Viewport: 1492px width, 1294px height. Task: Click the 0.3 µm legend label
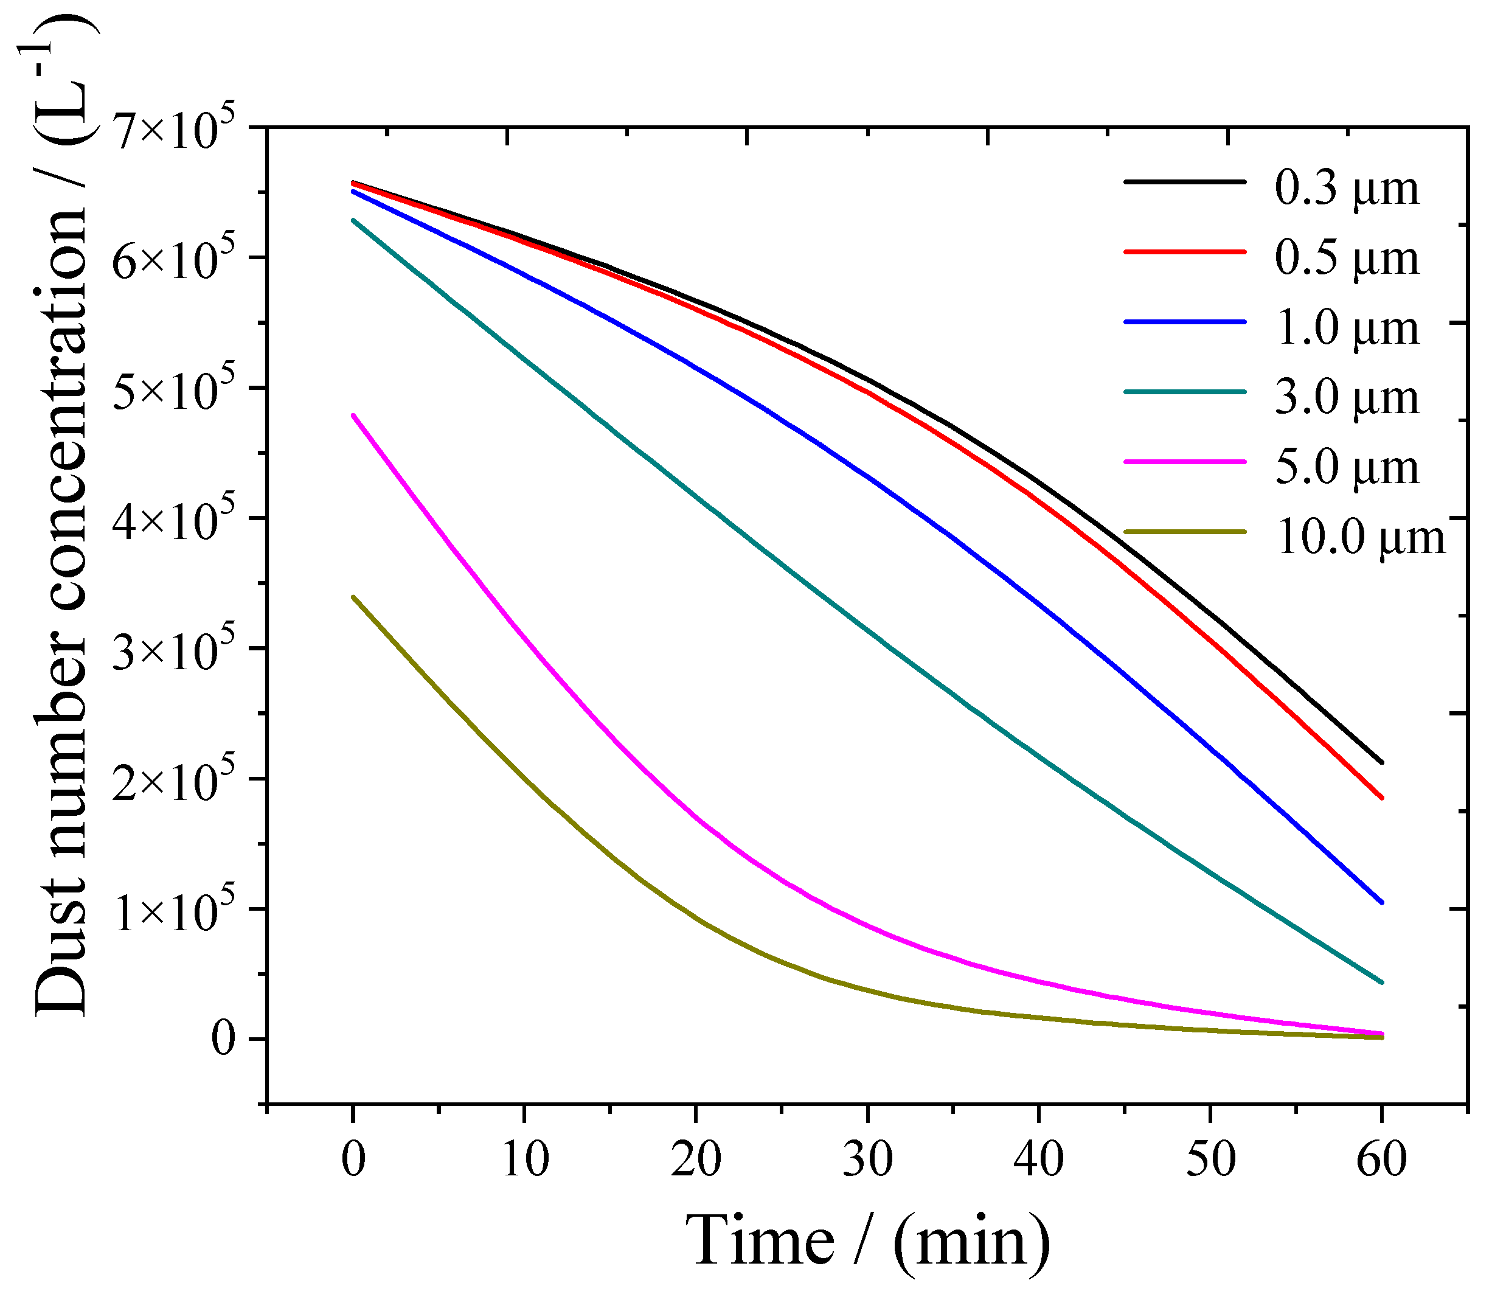[1346, 189]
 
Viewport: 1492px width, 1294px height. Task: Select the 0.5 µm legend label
[1346, 259]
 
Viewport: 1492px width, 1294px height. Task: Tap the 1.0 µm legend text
[1346, 329]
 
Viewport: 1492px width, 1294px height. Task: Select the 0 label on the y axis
[224, 1040]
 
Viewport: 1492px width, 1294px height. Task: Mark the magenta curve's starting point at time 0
[353, 415]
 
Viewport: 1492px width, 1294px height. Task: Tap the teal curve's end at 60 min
[1381, 983]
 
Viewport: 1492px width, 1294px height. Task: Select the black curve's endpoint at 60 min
[1381, 762]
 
